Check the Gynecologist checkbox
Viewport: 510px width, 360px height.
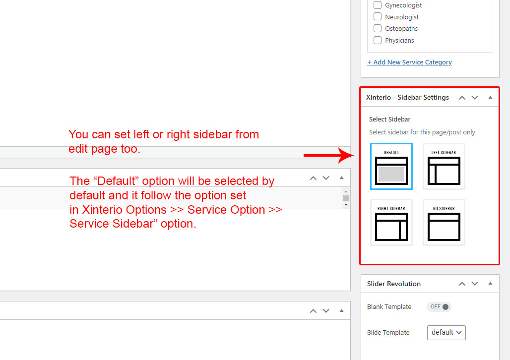click(x=378, y=5)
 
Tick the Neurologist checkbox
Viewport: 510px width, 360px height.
click(x=378, y=16)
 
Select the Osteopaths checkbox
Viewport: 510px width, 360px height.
click(x=378, y=28)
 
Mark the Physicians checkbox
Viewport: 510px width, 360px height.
click(x=378, y=40)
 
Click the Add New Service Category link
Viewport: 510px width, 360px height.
click(x=409, y=62)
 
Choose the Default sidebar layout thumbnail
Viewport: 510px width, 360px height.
click(x=391, y=166)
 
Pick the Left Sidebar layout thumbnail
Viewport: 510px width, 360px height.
click(x=444, y=166)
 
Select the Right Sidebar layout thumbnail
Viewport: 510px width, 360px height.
click(x=391, y=222)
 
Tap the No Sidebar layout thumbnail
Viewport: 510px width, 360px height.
click(x=444, y=222)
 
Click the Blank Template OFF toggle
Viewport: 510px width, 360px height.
click(x=439, y=306)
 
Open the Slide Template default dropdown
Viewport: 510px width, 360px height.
click(x=446, y=332)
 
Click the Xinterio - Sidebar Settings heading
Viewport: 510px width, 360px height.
click(x=407, y=97)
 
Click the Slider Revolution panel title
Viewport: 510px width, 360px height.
click(x=393, y=284)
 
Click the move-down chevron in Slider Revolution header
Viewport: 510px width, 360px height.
click(x=475, y=284)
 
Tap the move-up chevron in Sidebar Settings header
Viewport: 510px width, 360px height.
click(x=462, y=98)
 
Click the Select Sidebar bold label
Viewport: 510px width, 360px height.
click(x=389, y=120)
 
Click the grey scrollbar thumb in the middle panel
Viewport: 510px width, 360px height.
click(x=346, y=198)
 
